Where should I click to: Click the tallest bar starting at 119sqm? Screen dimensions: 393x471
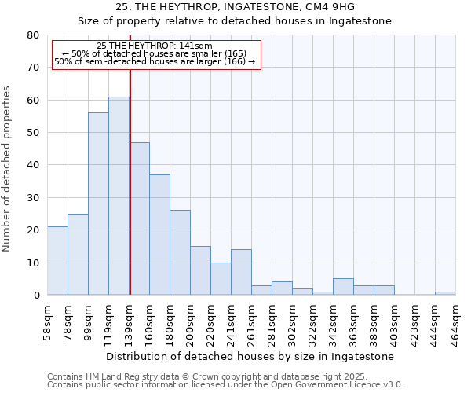click(x=119, y=196)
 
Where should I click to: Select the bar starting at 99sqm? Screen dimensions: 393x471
click(x=98, y=204)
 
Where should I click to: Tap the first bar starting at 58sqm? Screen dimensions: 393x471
click(x=57, y=260)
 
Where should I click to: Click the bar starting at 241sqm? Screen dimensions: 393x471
click(x=241, y=272)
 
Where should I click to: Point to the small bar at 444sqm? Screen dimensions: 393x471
click(x=445, y=293)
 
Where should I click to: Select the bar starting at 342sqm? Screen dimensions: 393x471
click(x=343, y=287)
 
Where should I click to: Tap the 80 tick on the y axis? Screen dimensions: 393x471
click(x=32, y=35)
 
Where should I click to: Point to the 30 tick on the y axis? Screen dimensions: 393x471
click(x=32, y=197)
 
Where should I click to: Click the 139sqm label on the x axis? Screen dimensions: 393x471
click(x=130, y=319)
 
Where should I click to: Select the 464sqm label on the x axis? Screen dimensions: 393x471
click(x=456, y=319)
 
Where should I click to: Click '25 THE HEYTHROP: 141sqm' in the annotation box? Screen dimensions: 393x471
click(x=155, y=46)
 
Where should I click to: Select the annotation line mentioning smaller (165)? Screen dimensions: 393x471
click(x=154, y=53)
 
